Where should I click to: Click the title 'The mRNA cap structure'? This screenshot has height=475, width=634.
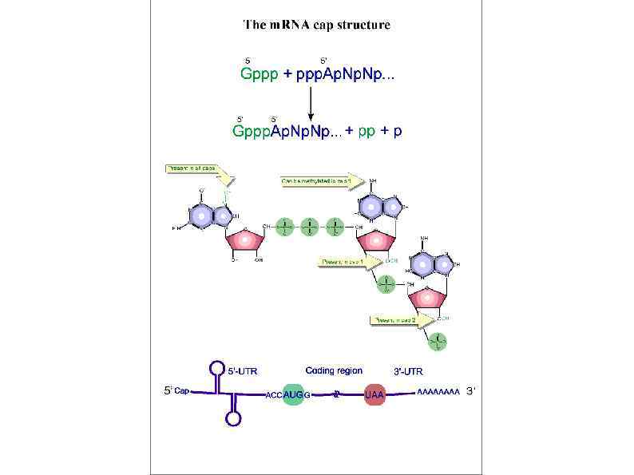point(316,25)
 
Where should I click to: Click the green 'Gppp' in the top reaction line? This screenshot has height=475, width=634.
point(259,75)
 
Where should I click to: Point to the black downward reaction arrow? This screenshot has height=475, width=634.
point(311,103)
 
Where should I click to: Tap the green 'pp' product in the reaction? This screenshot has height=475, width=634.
point(367,132)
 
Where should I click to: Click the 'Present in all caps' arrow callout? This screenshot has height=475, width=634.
point(196,170)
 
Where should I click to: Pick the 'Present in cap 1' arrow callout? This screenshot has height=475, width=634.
point(347,262)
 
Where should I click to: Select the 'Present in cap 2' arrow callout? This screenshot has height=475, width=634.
point(399,320)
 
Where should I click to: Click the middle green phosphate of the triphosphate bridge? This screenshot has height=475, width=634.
point(311,228)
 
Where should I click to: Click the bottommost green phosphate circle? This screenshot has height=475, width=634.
point(438,342)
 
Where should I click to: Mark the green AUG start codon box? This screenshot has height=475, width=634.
point(294,394)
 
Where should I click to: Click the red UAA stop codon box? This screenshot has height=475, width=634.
point(374,394)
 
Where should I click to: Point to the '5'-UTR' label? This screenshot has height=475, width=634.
point(243,371)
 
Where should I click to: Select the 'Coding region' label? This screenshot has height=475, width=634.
point(334,370)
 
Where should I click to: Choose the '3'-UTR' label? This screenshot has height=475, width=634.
point(408,371)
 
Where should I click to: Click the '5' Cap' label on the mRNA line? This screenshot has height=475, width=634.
point(177,391)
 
